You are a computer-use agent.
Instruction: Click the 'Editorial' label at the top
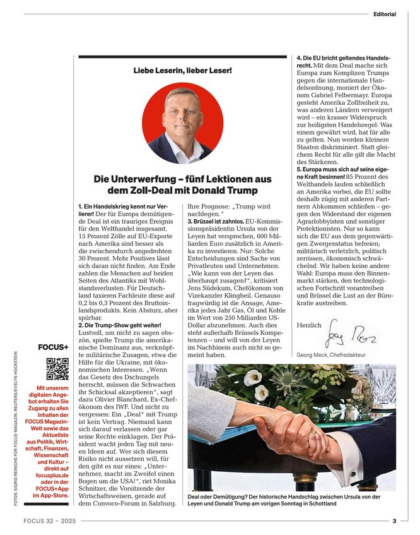tap(385, 14)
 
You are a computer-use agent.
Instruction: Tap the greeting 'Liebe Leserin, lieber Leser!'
tap(182, 70)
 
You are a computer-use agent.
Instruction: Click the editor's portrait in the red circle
tap(183, 123)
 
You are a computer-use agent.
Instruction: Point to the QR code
tap(57, 368)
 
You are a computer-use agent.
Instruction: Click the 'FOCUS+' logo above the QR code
tap(54, 347)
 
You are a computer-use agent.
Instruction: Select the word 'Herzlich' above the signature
tap(309, 325)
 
